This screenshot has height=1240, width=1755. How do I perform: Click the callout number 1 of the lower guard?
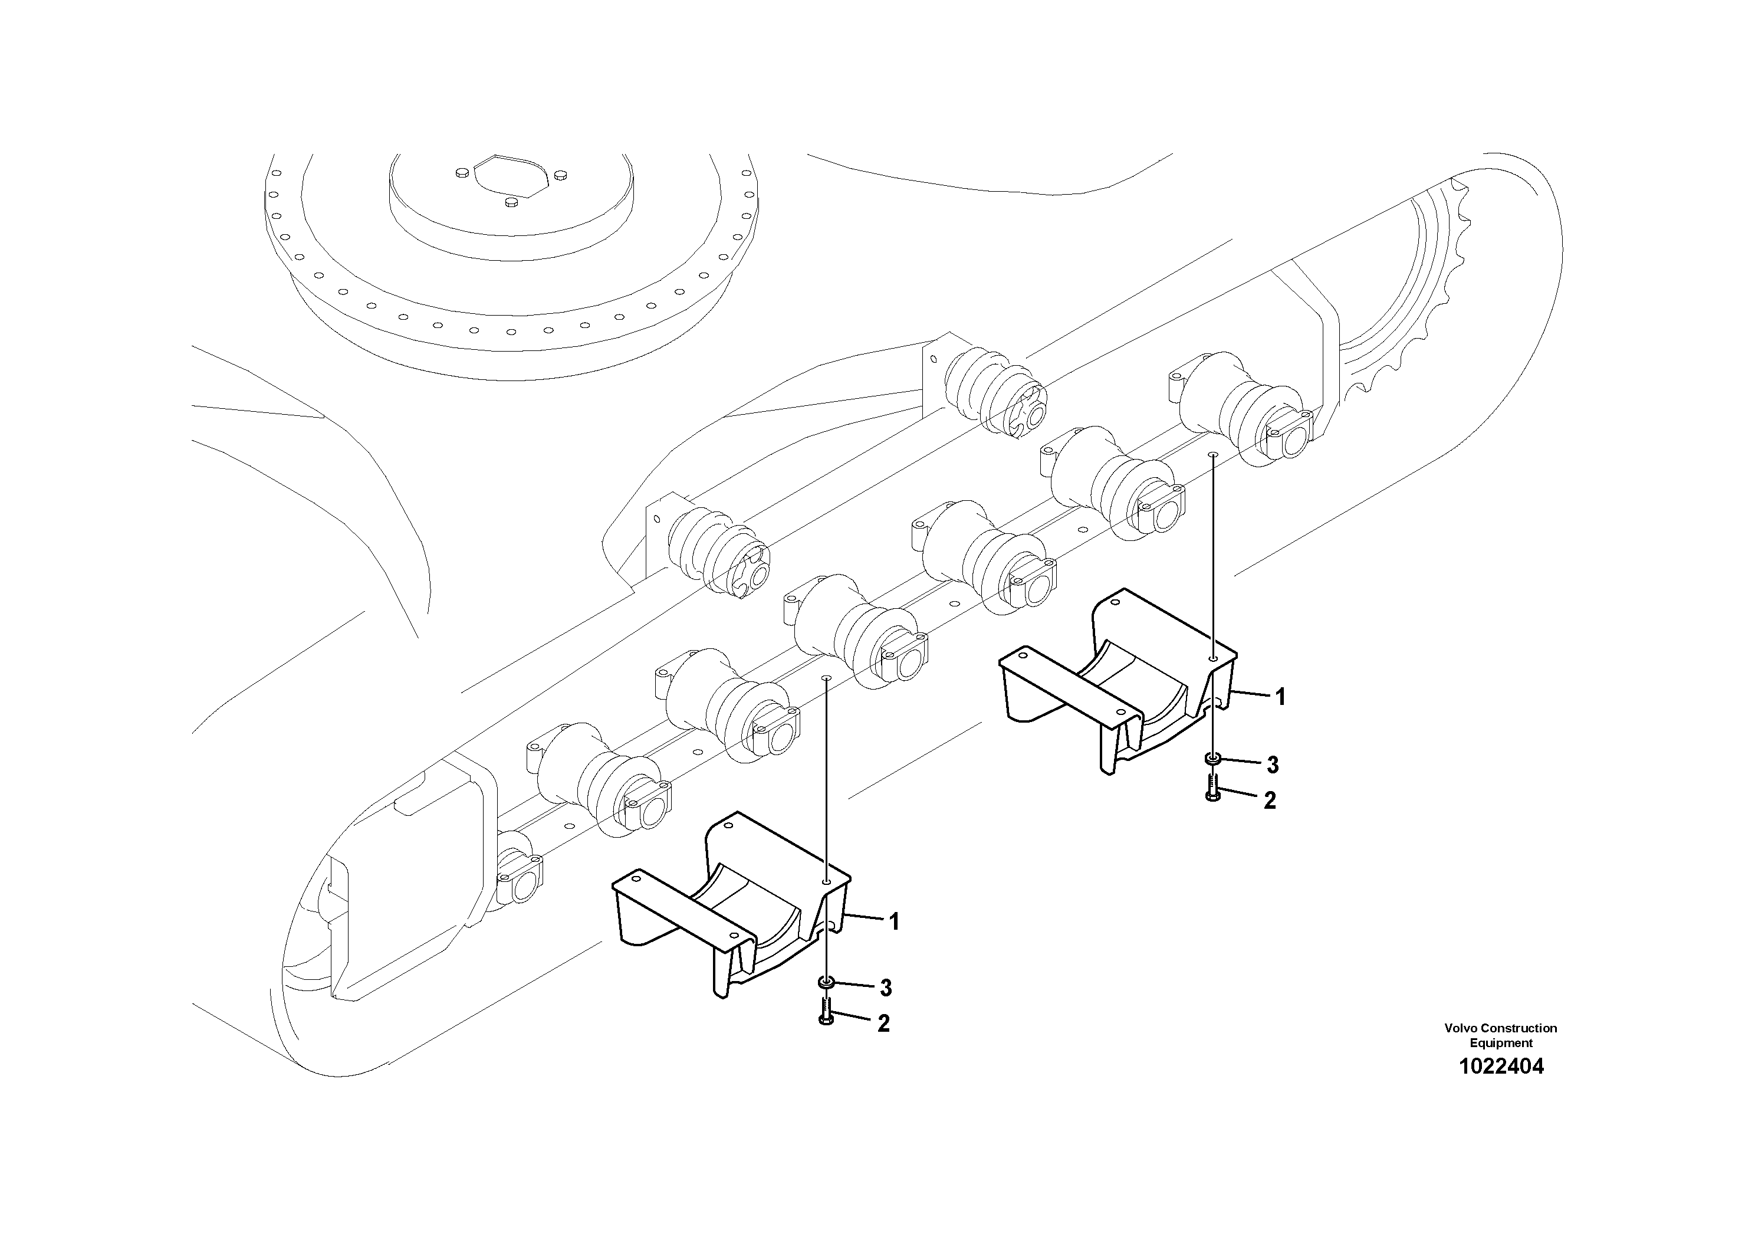[893, 921]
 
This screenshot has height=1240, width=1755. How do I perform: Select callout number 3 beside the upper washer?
[1273, 764]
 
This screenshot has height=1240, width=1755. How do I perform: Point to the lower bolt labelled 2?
[826, 1011]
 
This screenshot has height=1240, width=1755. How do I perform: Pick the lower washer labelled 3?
[826, 982]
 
